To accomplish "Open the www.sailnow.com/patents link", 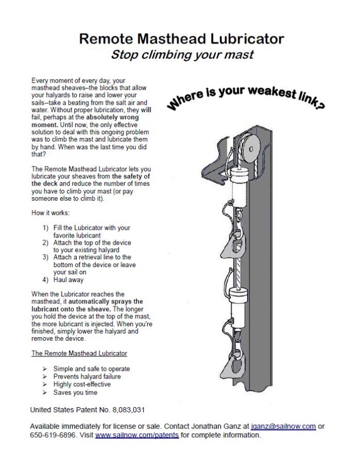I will tap(137, 435).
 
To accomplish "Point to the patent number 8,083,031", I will tap(125, 410).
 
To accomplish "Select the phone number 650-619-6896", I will tap(51, 435).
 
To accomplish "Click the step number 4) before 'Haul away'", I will tap(46, 280).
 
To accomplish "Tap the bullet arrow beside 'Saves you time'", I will tap(45, 393).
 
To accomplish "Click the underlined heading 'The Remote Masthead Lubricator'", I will tap(79, 353).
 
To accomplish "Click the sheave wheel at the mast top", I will tap(250, 148).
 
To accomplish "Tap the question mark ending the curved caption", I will tap(322, 106).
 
